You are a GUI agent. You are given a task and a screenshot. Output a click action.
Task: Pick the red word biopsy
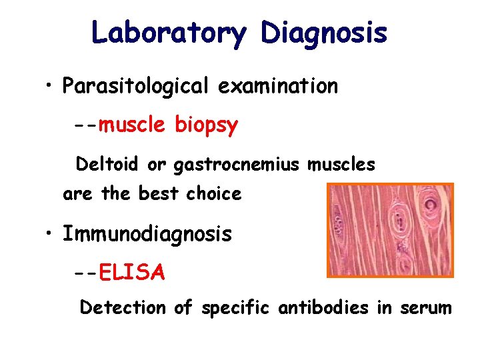click(x=206, y=125)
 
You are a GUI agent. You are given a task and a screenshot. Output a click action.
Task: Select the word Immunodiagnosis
click(x=147, y=234)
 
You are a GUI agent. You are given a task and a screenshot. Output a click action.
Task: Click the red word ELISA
click(x=131, y=272)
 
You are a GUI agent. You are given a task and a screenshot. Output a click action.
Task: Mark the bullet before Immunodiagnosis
click(x=49, y=235)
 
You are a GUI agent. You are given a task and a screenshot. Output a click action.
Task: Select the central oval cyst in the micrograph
click(x=400, y=223)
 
